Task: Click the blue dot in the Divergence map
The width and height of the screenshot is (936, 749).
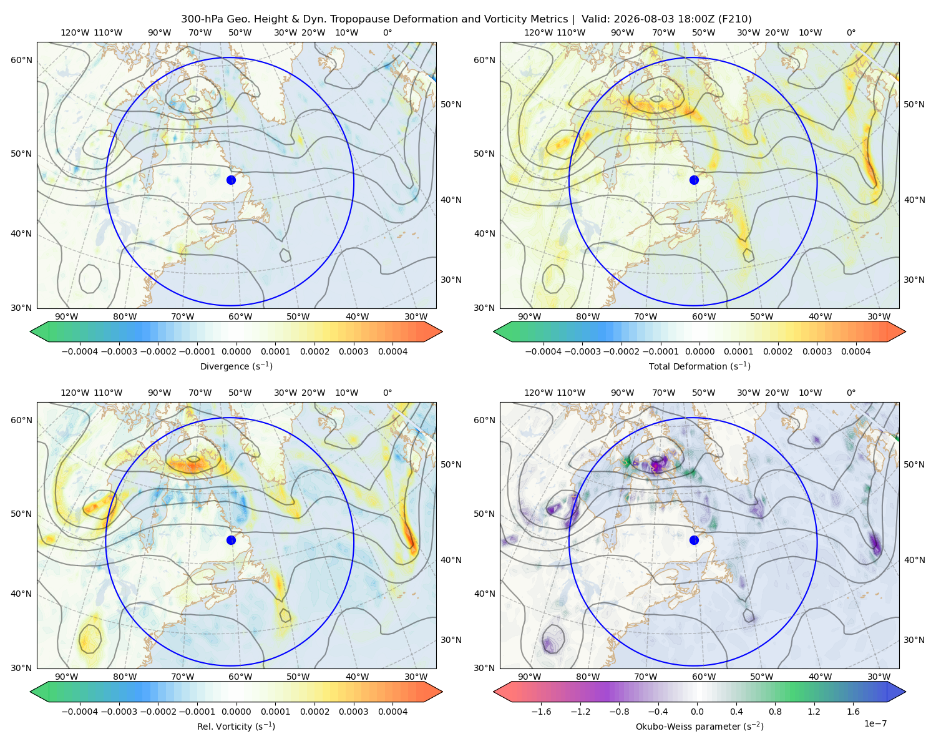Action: (x=231, y=180)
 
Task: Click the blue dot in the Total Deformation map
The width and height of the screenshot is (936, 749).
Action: (x=694, y=180)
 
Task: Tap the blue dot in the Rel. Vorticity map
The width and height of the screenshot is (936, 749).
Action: (x=231, y=540)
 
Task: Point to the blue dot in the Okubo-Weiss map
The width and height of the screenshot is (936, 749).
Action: (x=694, y=540)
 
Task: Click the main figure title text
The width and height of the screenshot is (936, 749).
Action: (x=466, y=19)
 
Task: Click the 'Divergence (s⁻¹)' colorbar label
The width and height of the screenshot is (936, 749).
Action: (x=236, y=366)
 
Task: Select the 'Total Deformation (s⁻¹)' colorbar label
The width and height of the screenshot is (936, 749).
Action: (x=700, y=366)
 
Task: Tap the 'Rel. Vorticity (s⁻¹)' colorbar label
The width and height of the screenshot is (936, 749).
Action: (x=236, y=726)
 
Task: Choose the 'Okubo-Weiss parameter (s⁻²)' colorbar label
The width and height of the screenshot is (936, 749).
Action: (x=700, y=726)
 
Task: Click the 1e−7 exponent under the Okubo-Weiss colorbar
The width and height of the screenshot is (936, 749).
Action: (x=875, y=723)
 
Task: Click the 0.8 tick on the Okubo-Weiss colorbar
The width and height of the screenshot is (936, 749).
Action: (x=775, y=712)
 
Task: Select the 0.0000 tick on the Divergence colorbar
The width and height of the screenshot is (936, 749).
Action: (x=236, y=351)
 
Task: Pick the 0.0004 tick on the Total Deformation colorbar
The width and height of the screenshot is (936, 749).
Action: (x=856, y=351)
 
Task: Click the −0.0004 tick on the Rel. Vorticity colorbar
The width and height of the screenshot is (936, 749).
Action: (x=80, y=712)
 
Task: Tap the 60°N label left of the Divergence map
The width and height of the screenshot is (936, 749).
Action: (x=21, y=60)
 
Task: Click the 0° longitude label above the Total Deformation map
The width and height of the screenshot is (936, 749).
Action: (x=851, y=32)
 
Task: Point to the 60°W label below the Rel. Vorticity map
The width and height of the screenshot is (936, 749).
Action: (x=240, y=677)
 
